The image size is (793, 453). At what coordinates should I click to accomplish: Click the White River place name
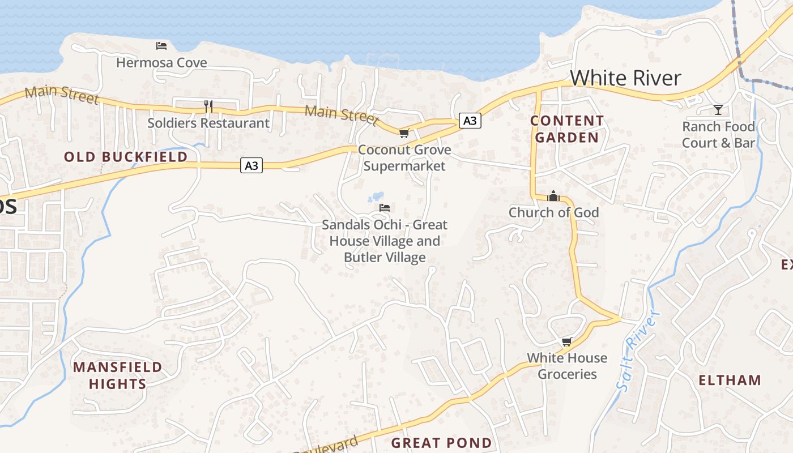coord(625,78)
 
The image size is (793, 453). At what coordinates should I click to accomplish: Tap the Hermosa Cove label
coord(161,62)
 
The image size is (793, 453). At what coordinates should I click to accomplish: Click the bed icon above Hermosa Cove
coord(161,45)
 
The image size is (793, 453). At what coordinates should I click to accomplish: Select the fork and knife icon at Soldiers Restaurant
coord(208,106)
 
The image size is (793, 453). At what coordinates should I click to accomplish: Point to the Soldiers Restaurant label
coord(208,123)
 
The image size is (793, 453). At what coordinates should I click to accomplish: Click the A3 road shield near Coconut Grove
coord(470,120)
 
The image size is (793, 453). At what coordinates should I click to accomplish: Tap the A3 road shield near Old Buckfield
coord(251,165)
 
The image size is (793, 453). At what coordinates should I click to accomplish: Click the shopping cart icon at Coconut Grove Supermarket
coord(404,134)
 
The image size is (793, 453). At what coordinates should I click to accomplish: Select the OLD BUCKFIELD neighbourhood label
coord(126,157)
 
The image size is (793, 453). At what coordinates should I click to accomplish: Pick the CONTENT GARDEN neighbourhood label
coord(567,129)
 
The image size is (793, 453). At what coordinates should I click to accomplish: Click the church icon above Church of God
coord(553,196)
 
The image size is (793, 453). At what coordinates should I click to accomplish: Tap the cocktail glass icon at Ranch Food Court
coord(718,109)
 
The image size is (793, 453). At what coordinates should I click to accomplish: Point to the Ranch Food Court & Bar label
coord(718,134)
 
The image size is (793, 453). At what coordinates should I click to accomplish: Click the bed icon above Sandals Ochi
coord(385,208)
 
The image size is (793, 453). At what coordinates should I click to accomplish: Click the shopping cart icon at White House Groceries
coord(566,341)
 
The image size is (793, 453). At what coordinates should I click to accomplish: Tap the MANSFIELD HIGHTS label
coord(117,375)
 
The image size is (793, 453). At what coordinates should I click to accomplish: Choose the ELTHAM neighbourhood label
coord(730,380)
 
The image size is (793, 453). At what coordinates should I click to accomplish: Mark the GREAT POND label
coord(441,443)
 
